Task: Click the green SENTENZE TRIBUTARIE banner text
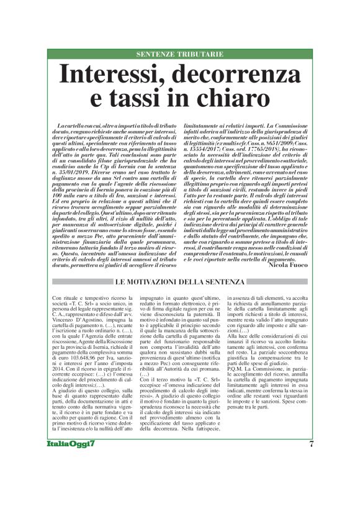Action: click(x=179, y=54)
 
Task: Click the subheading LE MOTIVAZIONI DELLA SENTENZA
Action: click(x=180, y=283)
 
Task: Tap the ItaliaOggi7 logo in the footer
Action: click(x=71, y=479)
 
